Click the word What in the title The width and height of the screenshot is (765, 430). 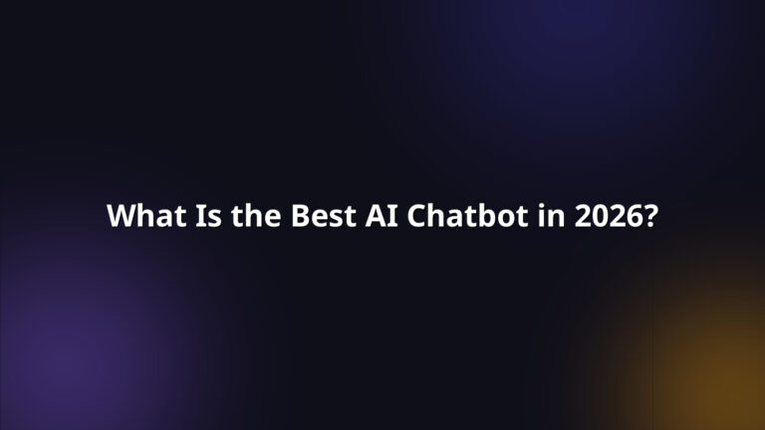click(139, 216)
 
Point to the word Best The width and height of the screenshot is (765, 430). click(320, 216)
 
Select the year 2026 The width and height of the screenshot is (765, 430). click(607, 216)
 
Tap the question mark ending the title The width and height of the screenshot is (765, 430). click(649, 216)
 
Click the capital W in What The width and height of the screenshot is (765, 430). click(120, 216)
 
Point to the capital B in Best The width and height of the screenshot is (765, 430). click(299, 216)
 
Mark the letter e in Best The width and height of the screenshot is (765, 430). click(317, 217)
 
